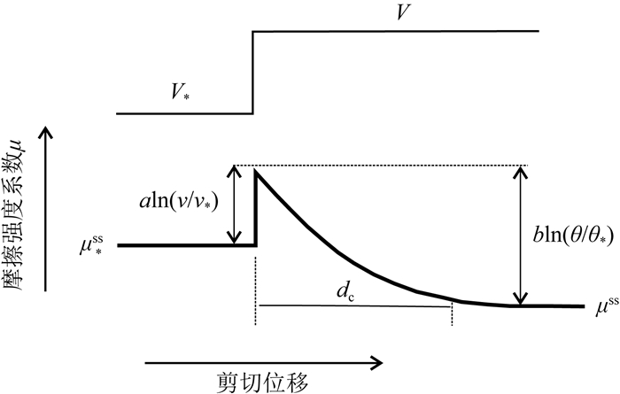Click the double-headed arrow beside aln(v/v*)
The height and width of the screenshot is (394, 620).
pos(234,205)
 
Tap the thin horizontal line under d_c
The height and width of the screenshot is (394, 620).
pos(354,305)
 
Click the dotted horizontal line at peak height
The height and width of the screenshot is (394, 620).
pos(381,166)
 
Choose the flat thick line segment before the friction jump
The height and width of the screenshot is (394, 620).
pos(186,244)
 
